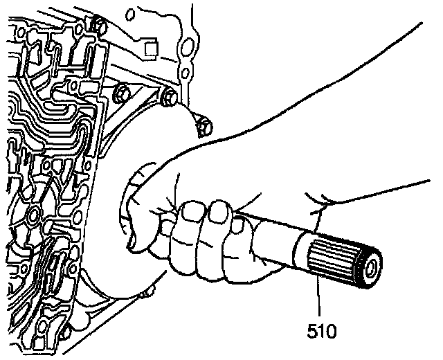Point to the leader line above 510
coord(319,298)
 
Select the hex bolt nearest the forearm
coord(203,127)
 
